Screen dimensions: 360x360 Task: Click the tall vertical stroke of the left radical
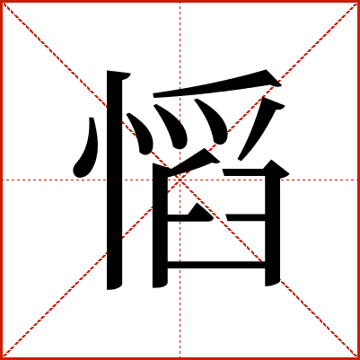(115, 180)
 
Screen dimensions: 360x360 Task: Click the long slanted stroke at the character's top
(217, 85)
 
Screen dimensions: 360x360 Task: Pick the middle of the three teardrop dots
(173, 127)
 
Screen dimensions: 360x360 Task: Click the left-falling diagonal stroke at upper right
(259, 128)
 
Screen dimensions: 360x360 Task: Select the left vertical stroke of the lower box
(160, 226)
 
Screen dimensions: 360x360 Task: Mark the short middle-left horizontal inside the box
(190, 215)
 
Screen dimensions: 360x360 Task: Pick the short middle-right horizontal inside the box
(245, 217)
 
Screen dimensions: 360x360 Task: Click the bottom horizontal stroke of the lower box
(216, 265)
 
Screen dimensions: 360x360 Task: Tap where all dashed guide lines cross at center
(180, 180)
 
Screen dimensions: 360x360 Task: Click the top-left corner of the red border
(1, 1)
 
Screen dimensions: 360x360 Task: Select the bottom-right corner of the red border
(358, 358)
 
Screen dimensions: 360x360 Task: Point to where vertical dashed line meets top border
(180, 2)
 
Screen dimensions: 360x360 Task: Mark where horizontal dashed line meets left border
(2, 180)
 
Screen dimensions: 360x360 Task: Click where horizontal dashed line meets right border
(358, 180)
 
